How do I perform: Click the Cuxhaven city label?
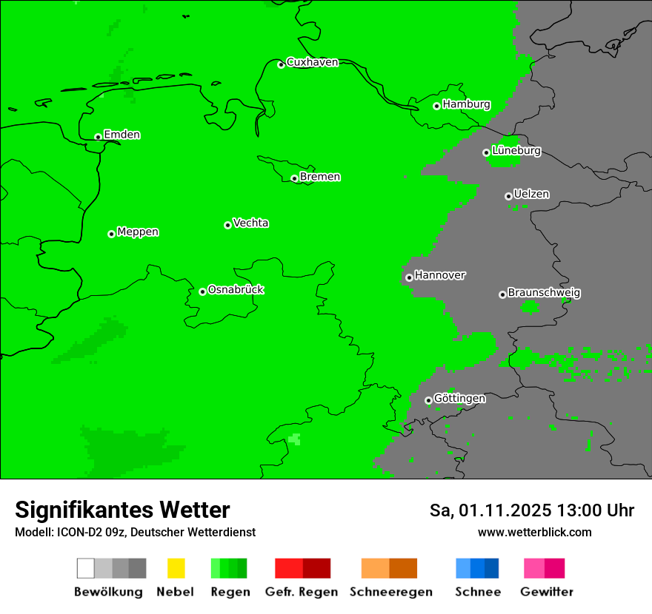[x=312, y=62]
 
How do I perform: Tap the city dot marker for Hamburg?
[x=437, y=106]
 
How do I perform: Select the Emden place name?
[x=122, y=135]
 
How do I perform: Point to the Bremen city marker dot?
[x=294, y=178]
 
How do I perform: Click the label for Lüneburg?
[x=516, y=150]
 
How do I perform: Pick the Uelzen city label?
[x=531, y=194]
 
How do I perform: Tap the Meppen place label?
[x=138, y=232]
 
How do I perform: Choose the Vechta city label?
[x=250, y=223]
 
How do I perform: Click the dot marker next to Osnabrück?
[x=202, y=291]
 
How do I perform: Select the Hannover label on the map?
[x=440, y=275]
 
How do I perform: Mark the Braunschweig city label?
[x=544, y=292]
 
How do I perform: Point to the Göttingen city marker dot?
[x=428, y=400]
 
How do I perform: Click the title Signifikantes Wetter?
[x=122, y=510]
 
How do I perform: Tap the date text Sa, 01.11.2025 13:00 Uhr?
[x=532, y=510]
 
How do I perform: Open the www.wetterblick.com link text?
[x=534, y=532]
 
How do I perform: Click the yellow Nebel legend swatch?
[x=176, y=568]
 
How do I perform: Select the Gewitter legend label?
[x=547, y=592]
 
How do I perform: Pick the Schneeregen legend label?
[x=391, y=592]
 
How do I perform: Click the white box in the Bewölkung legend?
[x=86, y=568]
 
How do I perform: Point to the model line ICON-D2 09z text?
[x=135, y=532]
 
